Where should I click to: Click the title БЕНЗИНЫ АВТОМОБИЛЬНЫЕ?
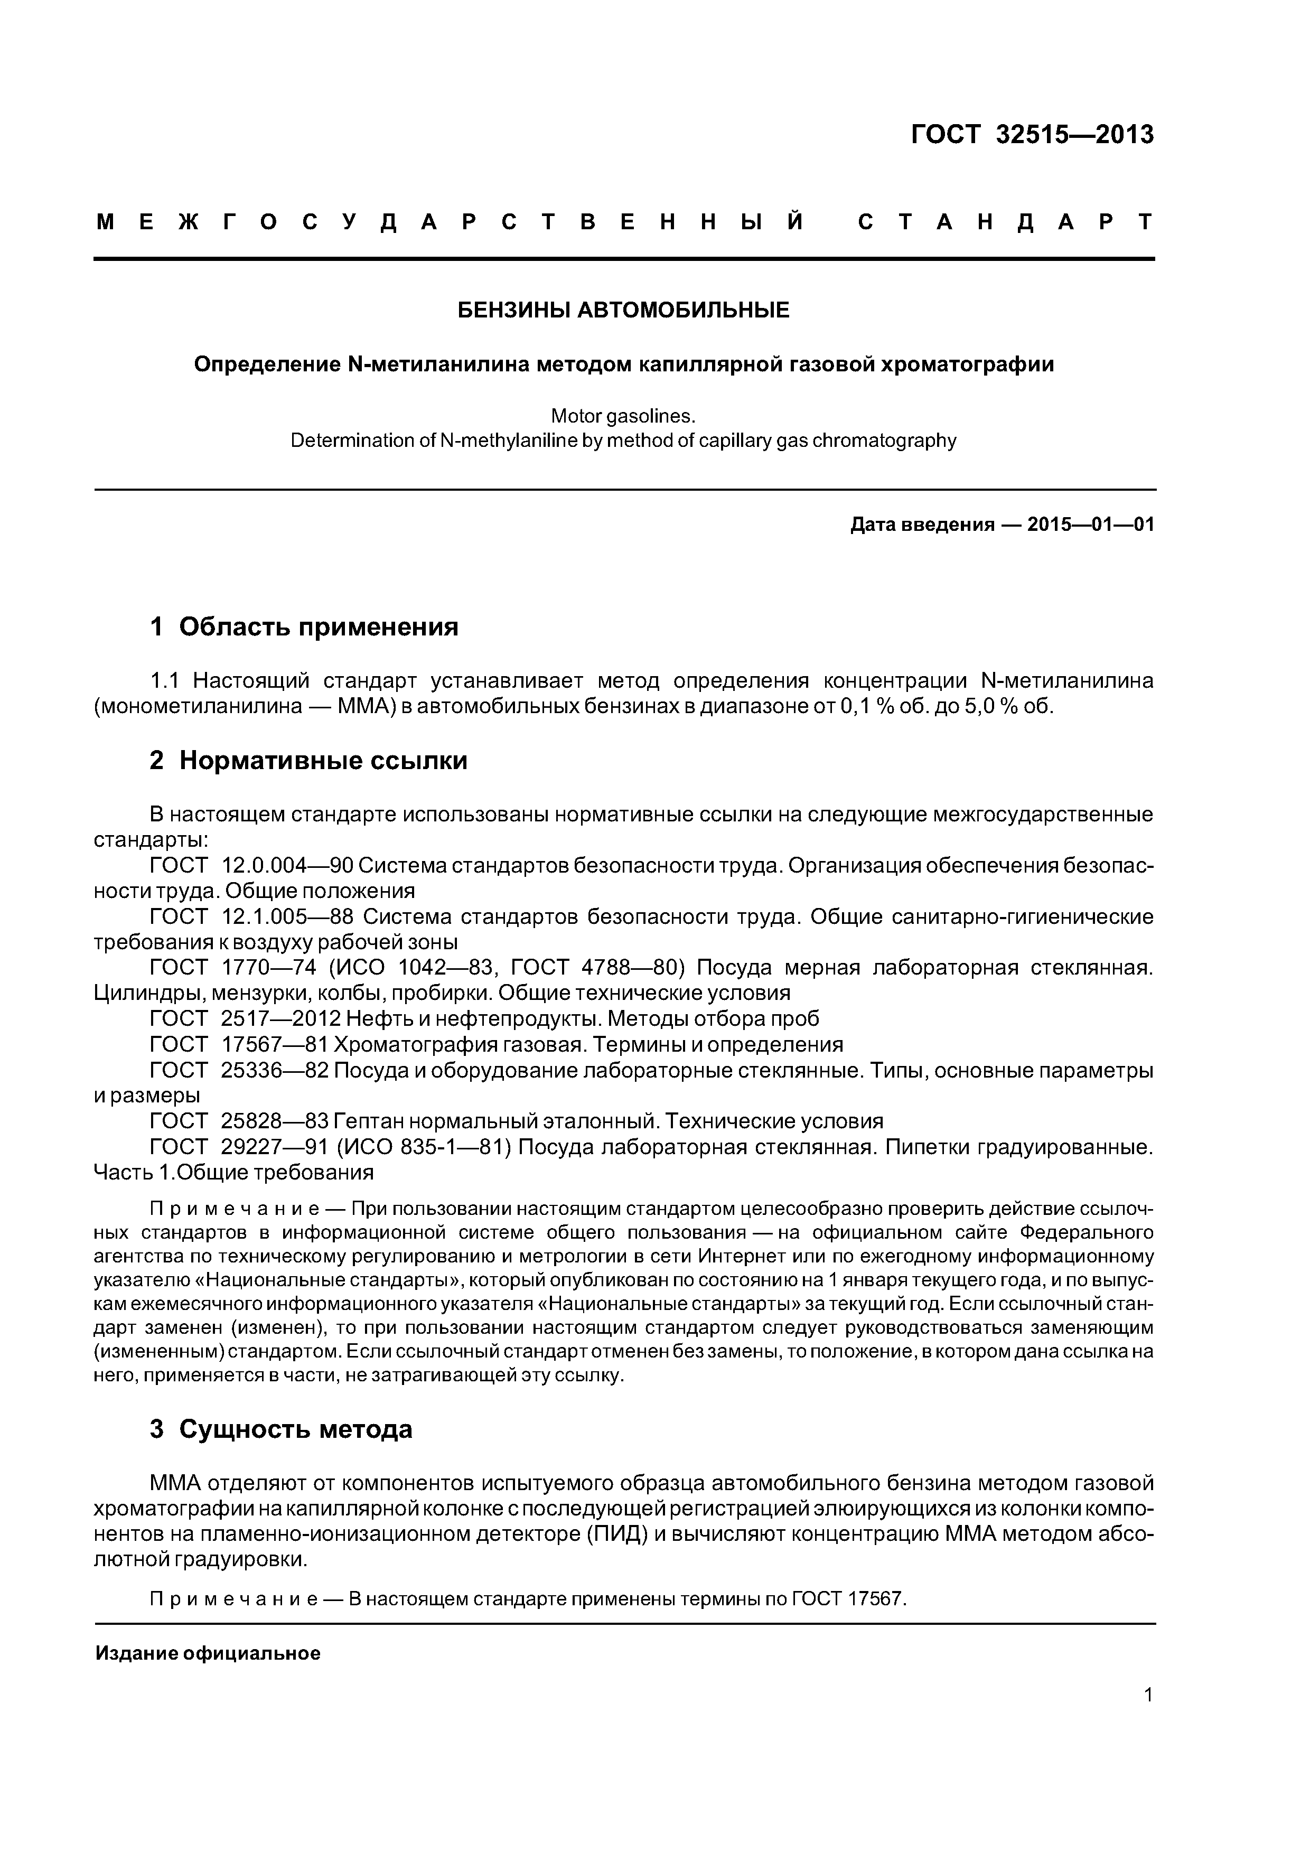[x=624, y=310]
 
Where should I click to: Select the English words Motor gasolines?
[x=622, y=416]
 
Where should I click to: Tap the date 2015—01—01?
[x=1090, y=526]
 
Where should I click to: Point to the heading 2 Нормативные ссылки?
[x=308, y=760]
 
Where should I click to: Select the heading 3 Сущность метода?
[x=281, y=1429]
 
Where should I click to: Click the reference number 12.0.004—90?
[x=286, y=866]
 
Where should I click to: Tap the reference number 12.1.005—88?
[x=286, y=917]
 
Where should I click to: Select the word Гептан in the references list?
[x=368, y=1121]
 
